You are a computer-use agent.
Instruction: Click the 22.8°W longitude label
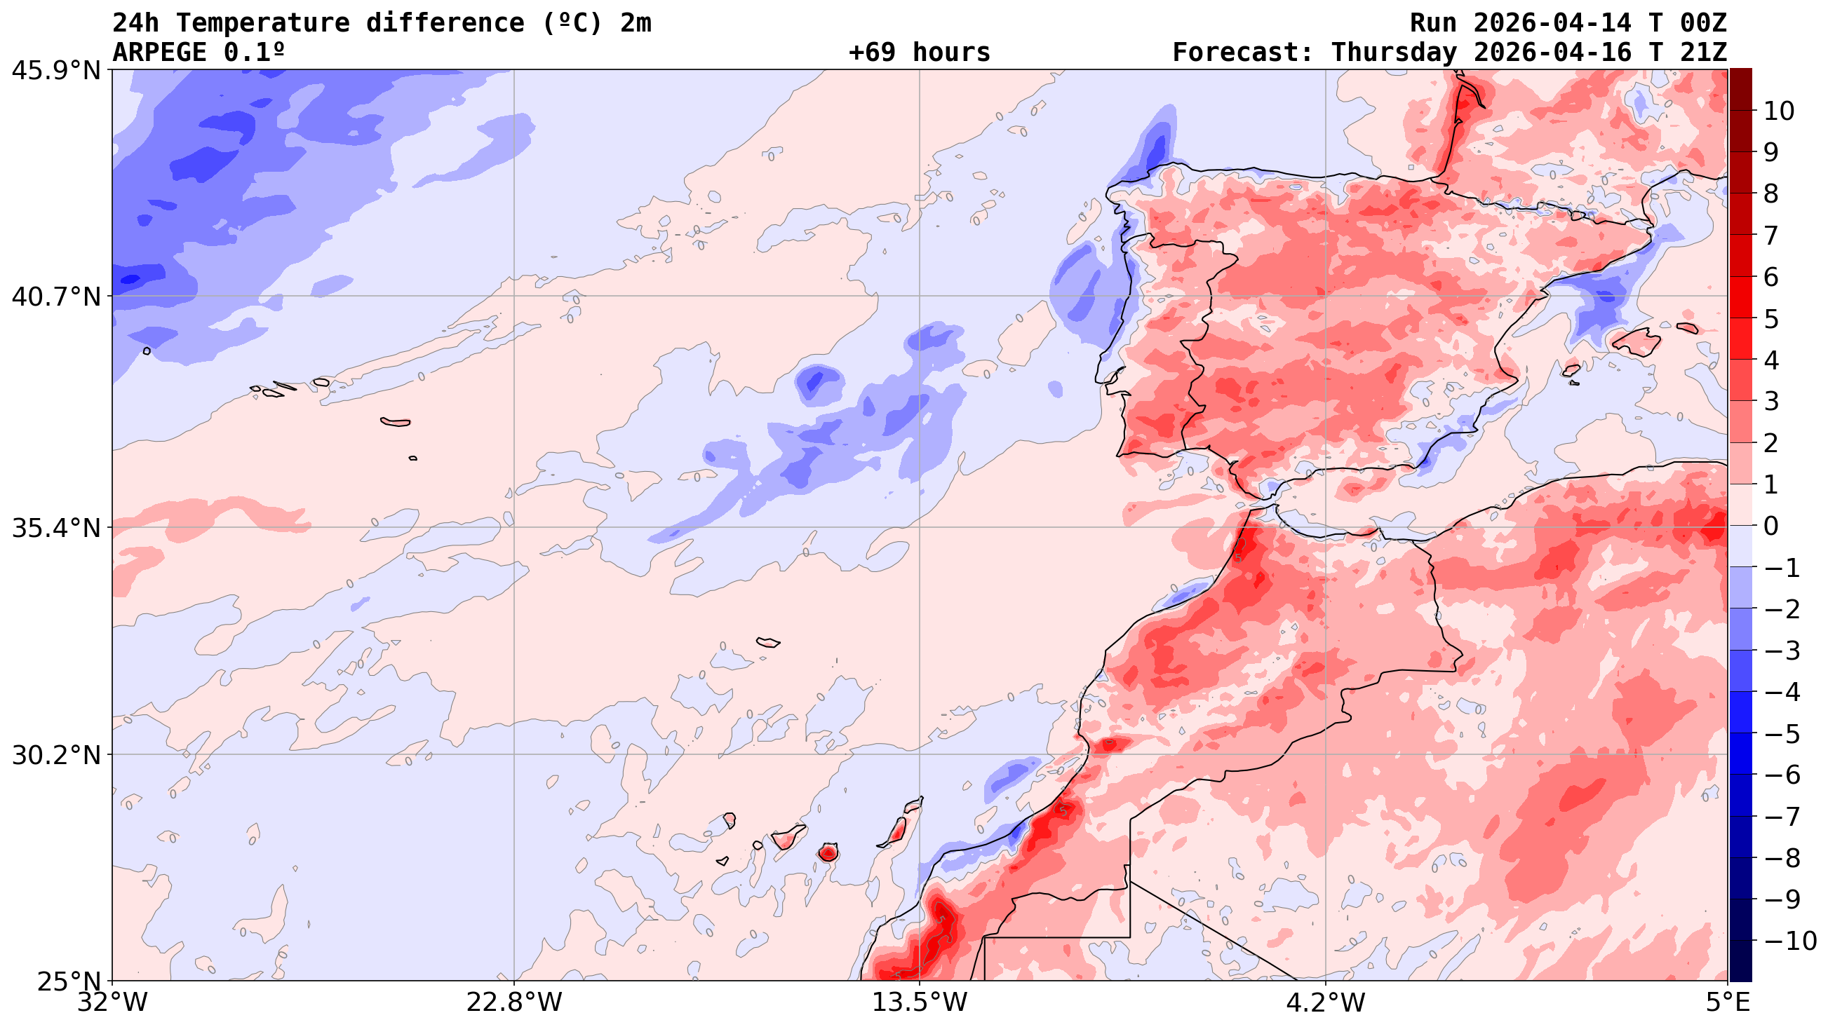(513, 1002)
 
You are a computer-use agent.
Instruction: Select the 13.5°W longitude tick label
(920, 1002)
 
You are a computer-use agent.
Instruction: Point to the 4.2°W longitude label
(1325, 1002)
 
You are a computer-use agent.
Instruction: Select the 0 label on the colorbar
(1771, 526)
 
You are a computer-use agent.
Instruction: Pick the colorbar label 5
(1771, 319)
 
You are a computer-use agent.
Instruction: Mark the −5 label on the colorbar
(1781, 734)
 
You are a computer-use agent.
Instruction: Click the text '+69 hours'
(919, 53)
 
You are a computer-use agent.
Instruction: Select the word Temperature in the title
(262, 23)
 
